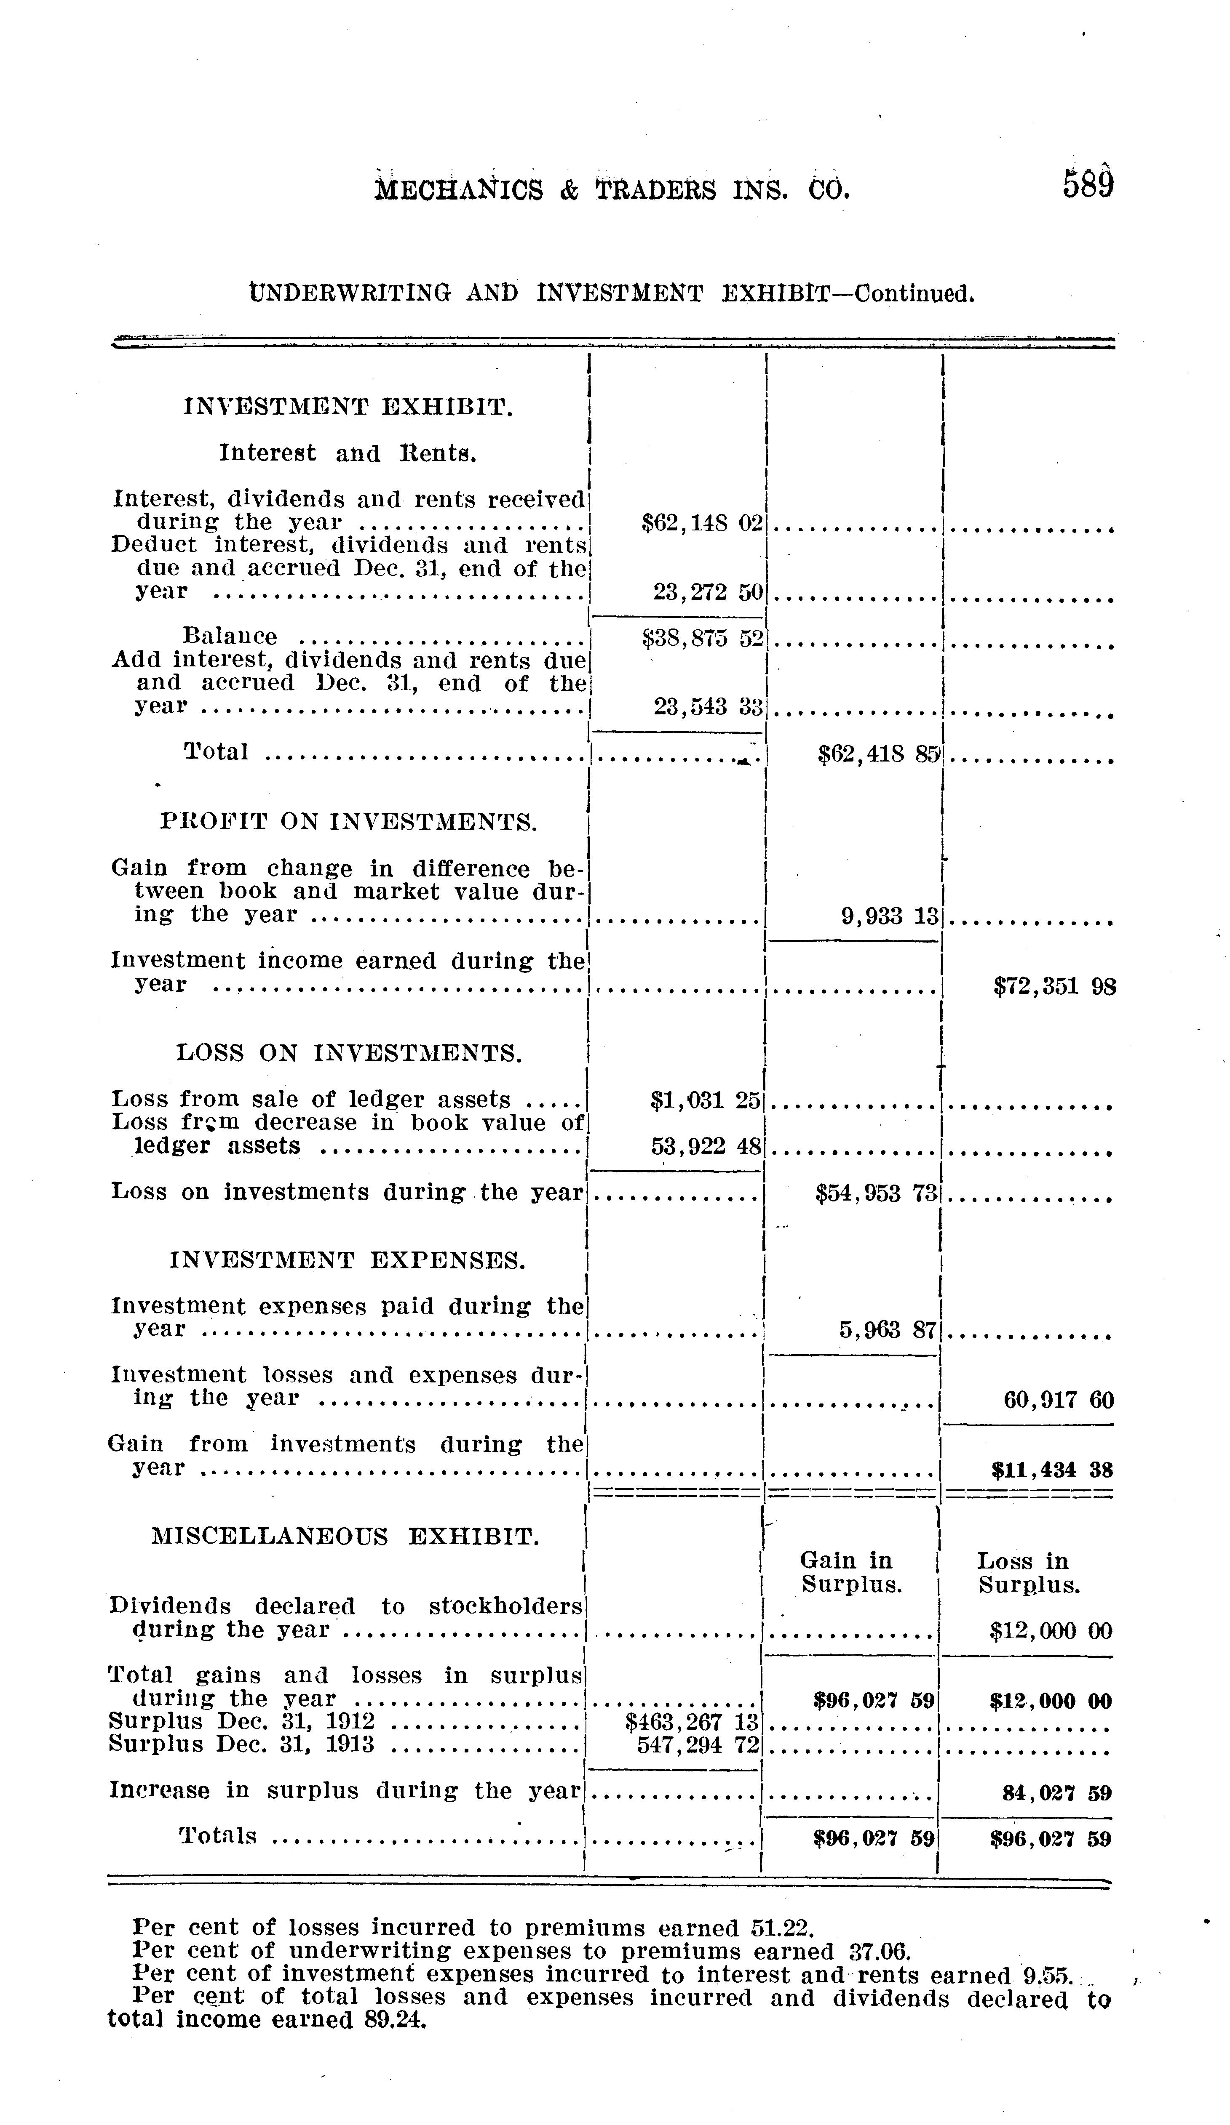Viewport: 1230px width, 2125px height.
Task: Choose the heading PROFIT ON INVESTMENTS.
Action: (x=348, y=821)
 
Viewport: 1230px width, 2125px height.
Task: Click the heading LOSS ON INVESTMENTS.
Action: (x=348, y=1053)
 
